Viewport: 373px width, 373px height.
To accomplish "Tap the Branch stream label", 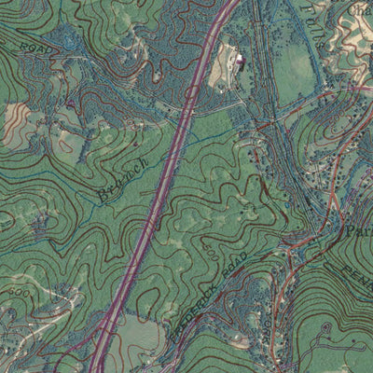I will coord(121,178).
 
